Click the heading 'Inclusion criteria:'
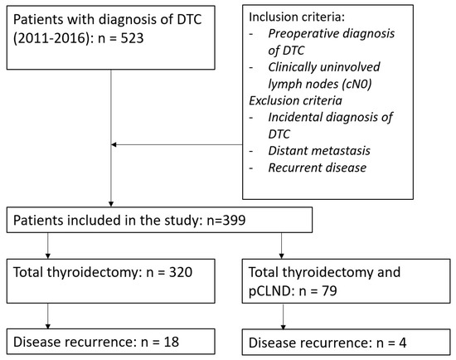click(x=296, y=18)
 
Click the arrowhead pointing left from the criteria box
click(x=114, y=146)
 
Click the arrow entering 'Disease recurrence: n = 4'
click(x=284, y=324)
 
